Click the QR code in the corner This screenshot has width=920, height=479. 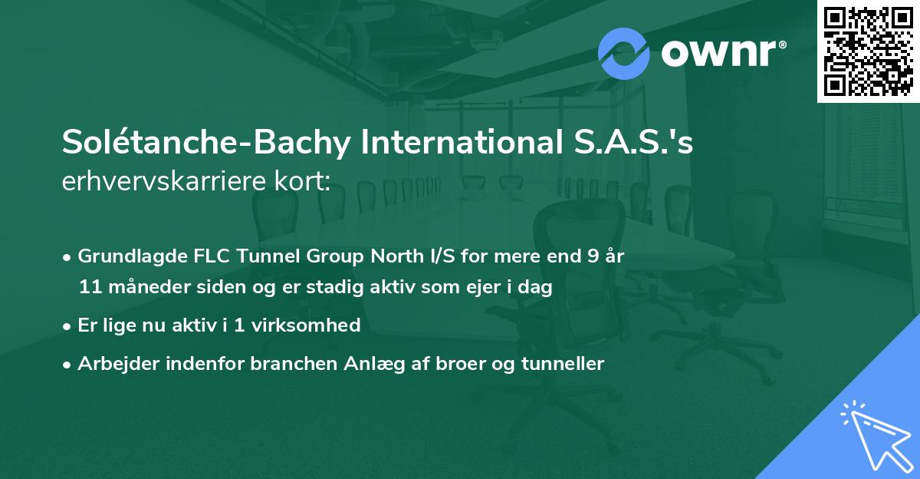(x=868, y=51)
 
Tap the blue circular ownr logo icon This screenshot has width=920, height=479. (x=624, y=53)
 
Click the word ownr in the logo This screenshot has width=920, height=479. (x=718, y=54)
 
